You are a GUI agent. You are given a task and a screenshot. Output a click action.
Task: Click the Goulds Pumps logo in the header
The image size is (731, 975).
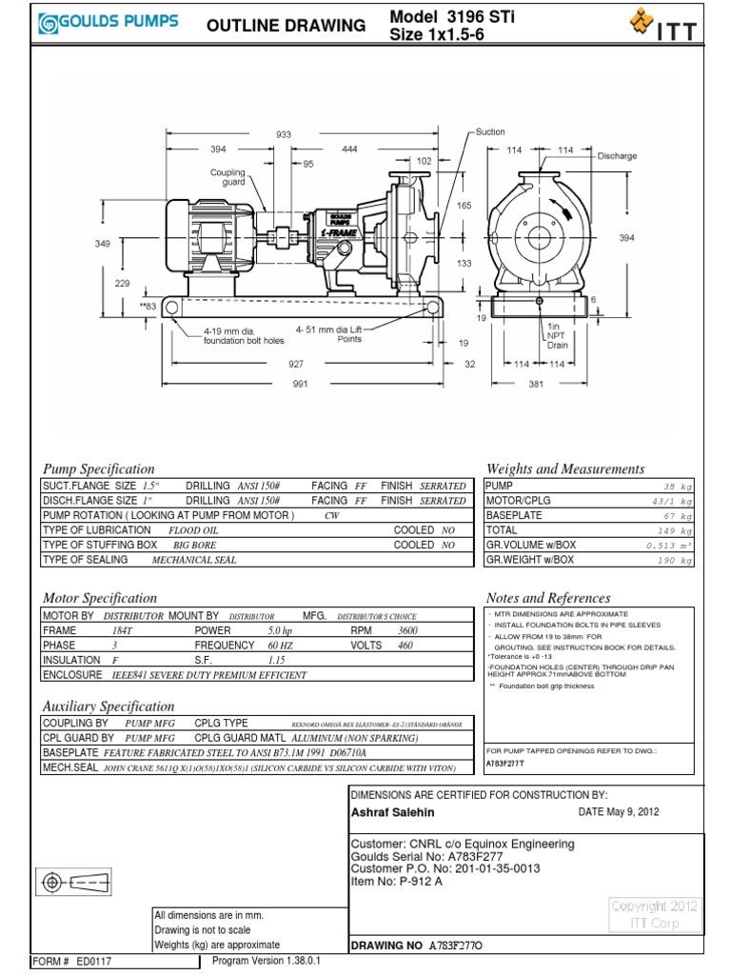click(108, 24)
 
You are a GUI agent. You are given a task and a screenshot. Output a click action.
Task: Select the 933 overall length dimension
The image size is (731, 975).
click(283, 135)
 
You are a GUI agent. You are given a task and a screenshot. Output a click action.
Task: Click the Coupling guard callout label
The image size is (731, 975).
click(227, 177)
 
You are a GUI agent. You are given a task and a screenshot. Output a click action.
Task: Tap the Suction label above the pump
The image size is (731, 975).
click(490, 132)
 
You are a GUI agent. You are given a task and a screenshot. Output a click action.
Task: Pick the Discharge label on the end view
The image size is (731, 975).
click(616, 156)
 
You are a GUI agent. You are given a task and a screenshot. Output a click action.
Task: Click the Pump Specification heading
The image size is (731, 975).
click(98, 468)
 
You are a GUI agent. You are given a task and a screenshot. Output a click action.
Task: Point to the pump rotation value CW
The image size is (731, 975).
click(331, 515)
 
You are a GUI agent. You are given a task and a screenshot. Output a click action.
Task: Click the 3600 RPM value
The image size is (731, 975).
click(406, 630)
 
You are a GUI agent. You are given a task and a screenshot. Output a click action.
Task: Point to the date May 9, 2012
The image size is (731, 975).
click(618, 812)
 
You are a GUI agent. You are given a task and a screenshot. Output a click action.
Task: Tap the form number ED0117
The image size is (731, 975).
click(93, 962)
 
